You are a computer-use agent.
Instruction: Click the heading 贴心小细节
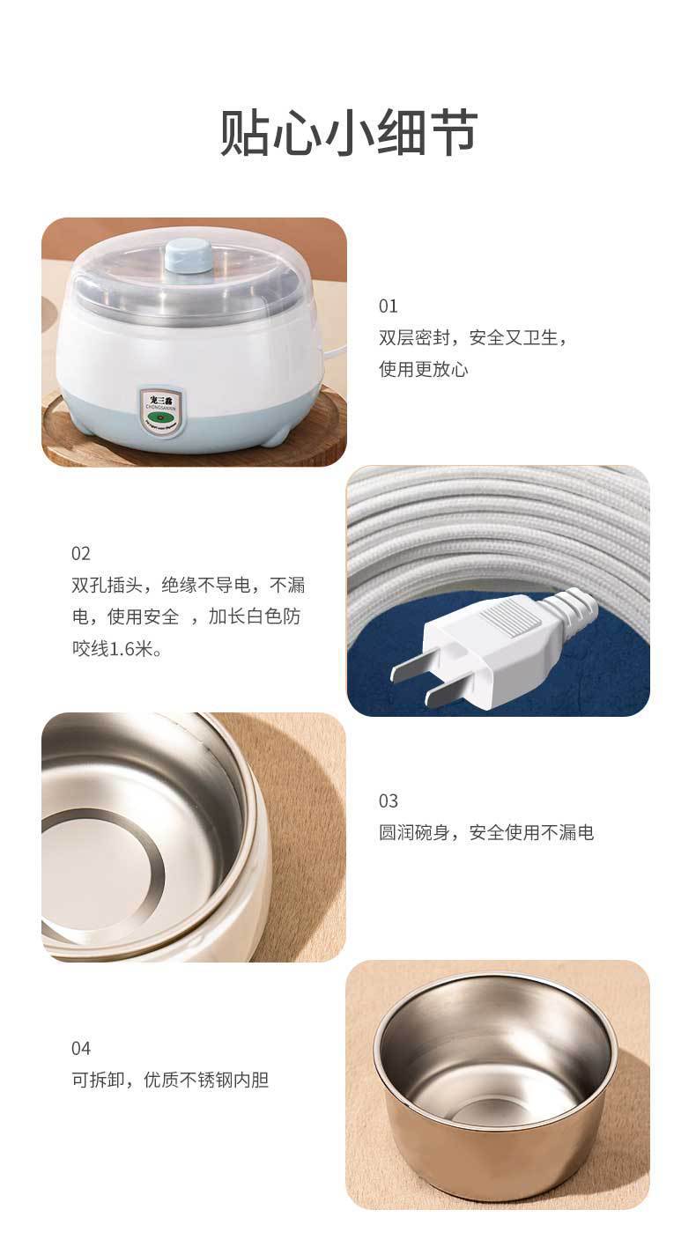(348, 134)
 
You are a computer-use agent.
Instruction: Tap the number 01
(389, 306)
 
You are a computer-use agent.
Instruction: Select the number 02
(81, 554)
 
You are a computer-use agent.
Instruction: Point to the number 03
(389, 801)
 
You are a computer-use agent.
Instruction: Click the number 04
(81, 1049)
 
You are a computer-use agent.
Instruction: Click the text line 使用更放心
(424, 369)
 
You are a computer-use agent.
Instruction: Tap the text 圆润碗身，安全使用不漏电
(486, 832)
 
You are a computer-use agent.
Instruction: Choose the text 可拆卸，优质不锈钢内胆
(170, 1080)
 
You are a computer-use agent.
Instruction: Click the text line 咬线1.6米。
(116, 649)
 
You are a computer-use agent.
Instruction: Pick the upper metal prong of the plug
(411, 670)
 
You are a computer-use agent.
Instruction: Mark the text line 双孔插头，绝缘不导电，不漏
(189, 586)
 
